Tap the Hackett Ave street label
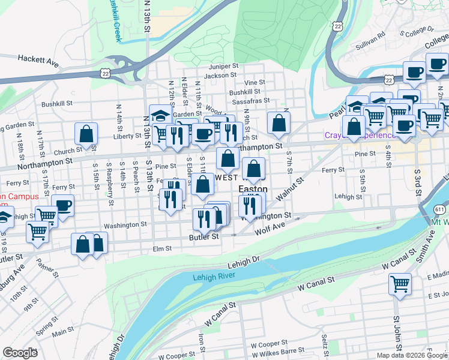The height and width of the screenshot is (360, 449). (x=38, y=59)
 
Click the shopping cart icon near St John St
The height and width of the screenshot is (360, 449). (x=399, y=284)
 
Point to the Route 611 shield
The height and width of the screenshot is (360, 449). (x=439, y=208)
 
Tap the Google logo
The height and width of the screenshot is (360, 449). (x=20, y=353)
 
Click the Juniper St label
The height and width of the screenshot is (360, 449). (x=224, y=67)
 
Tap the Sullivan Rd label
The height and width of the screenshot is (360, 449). (x=370, y=39)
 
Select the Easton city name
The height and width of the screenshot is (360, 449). (x=253, y=188)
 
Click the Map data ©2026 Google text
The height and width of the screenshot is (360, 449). (x=411, y=355)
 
